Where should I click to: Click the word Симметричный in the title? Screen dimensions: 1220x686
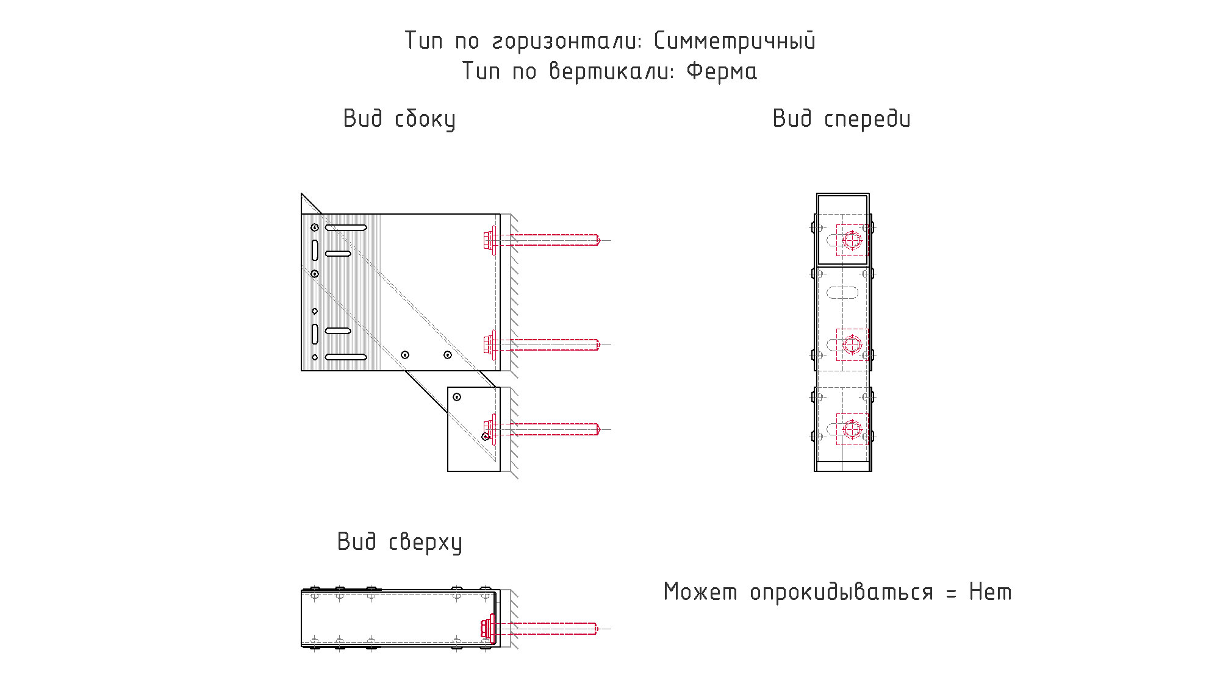(x=734, y=41)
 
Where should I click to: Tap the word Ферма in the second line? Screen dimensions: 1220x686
(x=722, y=71)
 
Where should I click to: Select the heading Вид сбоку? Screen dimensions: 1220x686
(x=400, y=119)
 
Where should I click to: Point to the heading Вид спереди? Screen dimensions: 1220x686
(x=841, y=119)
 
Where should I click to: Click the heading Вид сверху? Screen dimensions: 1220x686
(x=400, y=542)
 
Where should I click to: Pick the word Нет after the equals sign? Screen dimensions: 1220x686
(x=990, y=592)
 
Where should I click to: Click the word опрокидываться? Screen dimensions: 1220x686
(x=841, y=593)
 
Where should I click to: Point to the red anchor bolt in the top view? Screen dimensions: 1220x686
(x=539, y=629)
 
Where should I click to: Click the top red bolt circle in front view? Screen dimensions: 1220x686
(x=852, y=240)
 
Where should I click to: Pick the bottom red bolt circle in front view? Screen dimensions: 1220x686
(x=852, y=429)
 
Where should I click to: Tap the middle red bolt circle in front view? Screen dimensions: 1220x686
(x=852, y=345)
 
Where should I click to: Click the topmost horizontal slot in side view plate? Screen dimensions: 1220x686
(x=346, y=227)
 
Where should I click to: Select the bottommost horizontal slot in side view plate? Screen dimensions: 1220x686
(x=346, y=357)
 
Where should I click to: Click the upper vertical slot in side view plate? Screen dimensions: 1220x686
(x=315, y=250)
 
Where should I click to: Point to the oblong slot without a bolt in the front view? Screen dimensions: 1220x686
(x=842, y=293)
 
